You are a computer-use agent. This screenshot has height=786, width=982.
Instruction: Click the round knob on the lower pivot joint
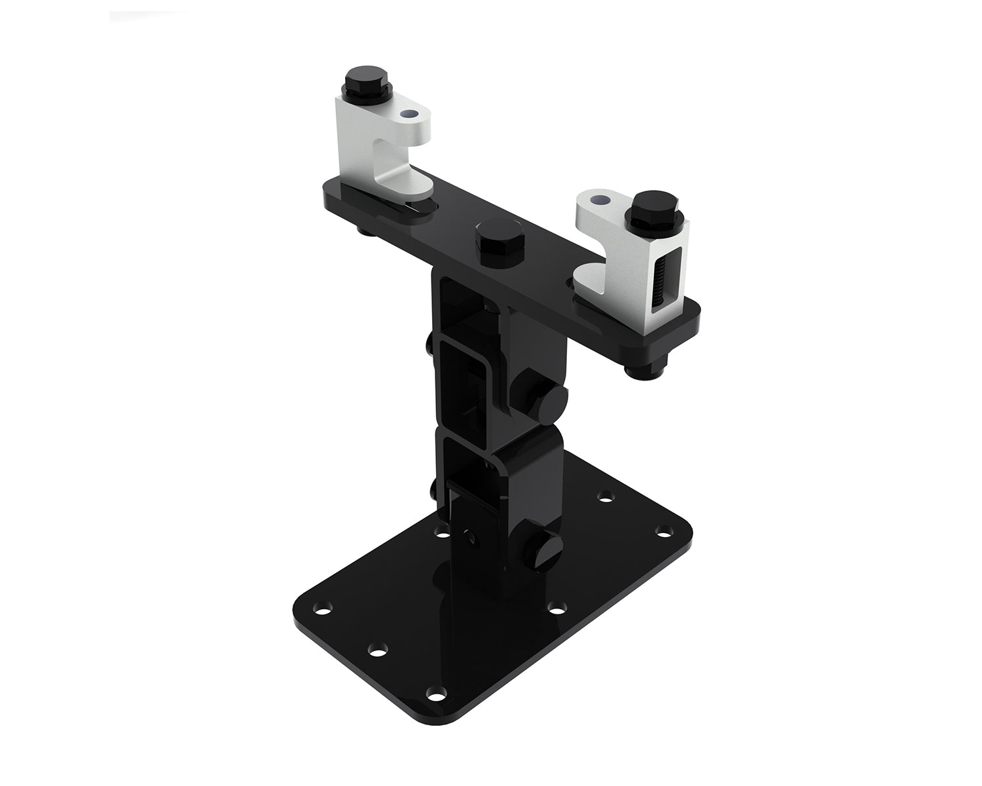pos(549,543)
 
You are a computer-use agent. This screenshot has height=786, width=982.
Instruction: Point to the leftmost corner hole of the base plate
pos(322,610)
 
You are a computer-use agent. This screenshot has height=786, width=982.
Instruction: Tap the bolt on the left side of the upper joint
pos(429,344)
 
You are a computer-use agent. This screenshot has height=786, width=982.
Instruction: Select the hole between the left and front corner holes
pos(377,651)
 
